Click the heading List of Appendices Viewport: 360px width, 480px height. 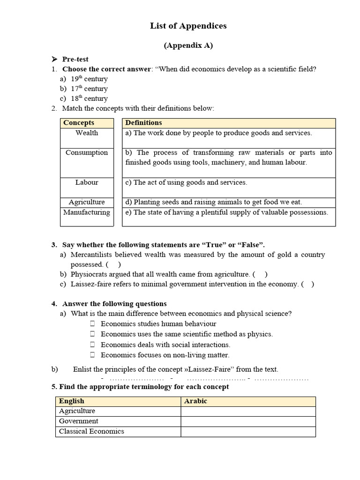click(x=188, y=26)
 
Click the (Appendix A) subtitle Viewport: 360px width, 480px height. click(x=188, y=45)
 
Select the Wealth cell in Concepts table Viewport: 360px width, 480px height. click(x=87, y=133)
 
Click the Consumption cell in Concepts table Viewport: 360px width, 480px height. click(x=87, y=153)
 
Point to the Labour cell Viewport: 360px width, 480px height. click(x=87, y=182)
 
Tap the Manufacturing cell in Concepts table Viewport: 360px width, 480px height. click(x=87, y=212)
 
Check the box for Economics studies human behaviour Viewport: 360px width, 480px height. click(x=92, y=324)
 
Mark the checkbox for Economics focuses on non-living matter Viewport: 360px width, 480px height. click(x=92, y=355)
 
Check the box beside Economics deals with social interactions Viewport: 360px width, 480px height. click(x=92, y=345)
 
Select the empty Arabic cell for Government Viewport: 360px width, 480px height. click(x=248, y=421)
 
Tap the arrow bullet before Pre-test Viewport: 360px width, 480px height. click(x=54, y=59)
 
